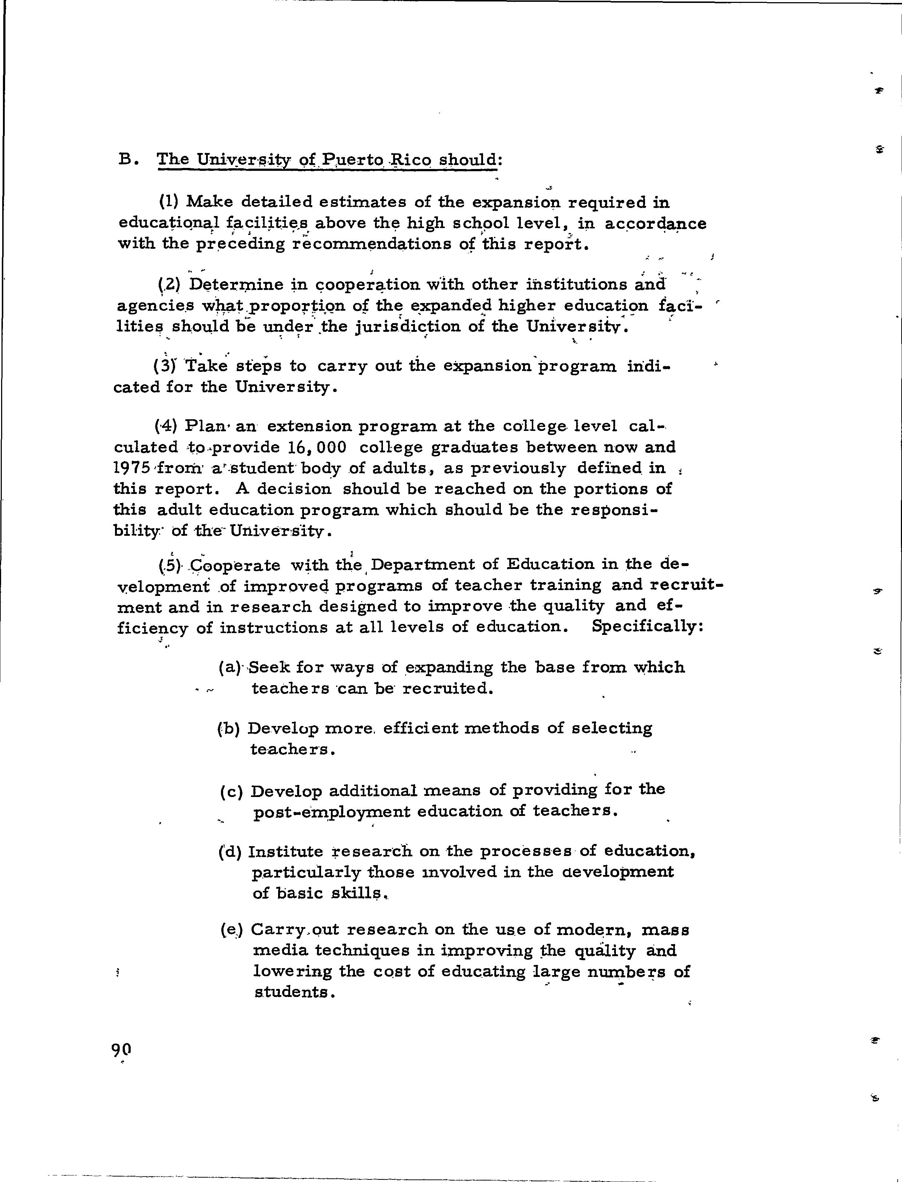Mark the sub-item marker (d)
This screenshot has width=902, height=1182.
230,852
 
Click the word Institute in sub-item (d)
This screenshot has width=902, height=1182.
285,852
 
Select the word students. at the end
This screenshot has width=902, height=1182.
295,992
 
